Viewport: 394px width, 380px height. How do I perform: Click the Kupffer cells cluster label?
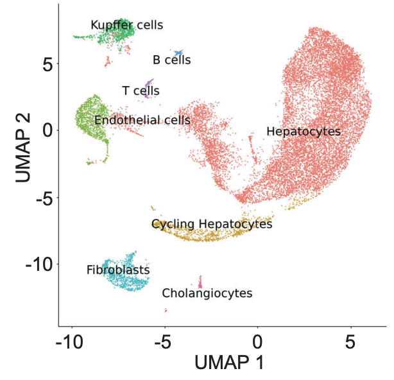[x=126, y=26]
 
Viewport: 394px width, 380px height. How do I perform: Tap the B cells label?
[x=171, y=60]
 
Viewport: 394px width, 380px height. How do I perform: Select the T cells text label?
[x=141, y=91]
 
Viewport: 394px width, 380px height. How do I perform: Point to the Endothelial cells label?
[x=142, y=120]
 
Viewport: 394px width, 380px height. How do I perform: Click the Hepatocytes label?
[x=303, y=132]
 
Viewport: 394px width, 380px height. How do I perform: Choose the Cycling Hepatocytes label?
[x=212, y=224]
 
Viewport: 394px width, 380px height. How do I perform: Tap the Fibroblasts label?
[x=118, y=270]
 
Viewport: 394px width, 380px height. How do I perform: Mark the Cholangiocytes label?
[x=207, y=293]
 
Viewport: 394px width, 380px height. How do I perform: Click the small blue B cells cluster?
[x=178, y=52]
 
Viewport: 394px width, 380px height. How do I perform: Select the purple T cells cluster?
[x=150, y=83]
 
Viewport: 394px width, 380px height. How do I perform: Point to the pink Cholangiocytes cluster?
[x=200, y=282]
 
